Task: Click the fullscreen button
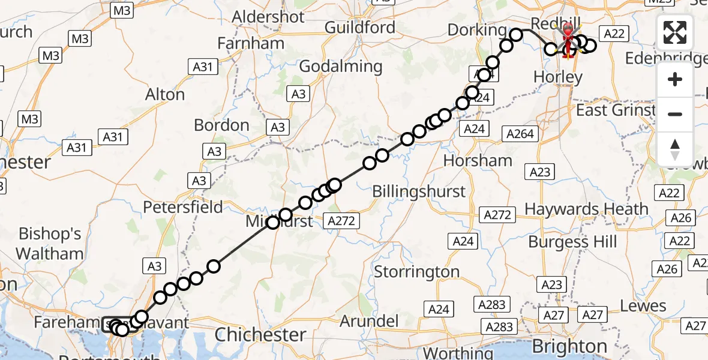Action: point(675,32)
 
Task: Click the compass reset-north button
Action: point(675,149)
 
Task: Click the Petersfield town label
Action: point(183,208)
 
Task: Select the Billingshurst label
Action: point(419,191)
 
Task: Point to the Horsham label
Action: point(478,161)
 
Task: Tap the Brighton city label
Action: point(569,347)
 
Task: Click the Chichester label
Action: point(260,334)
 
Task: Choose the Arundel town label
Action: point(369,321)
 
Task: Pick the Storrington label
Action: point(417,272)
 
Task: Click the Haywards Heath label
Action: point(587,209)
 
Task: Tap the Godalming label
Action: point(340,67)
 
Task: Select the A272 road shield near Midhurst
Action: point(342,221)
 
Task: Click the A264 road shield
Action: point(520,134)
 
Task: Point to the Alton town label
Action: point(165,95)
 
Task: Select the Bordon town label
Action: point(221,125)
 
